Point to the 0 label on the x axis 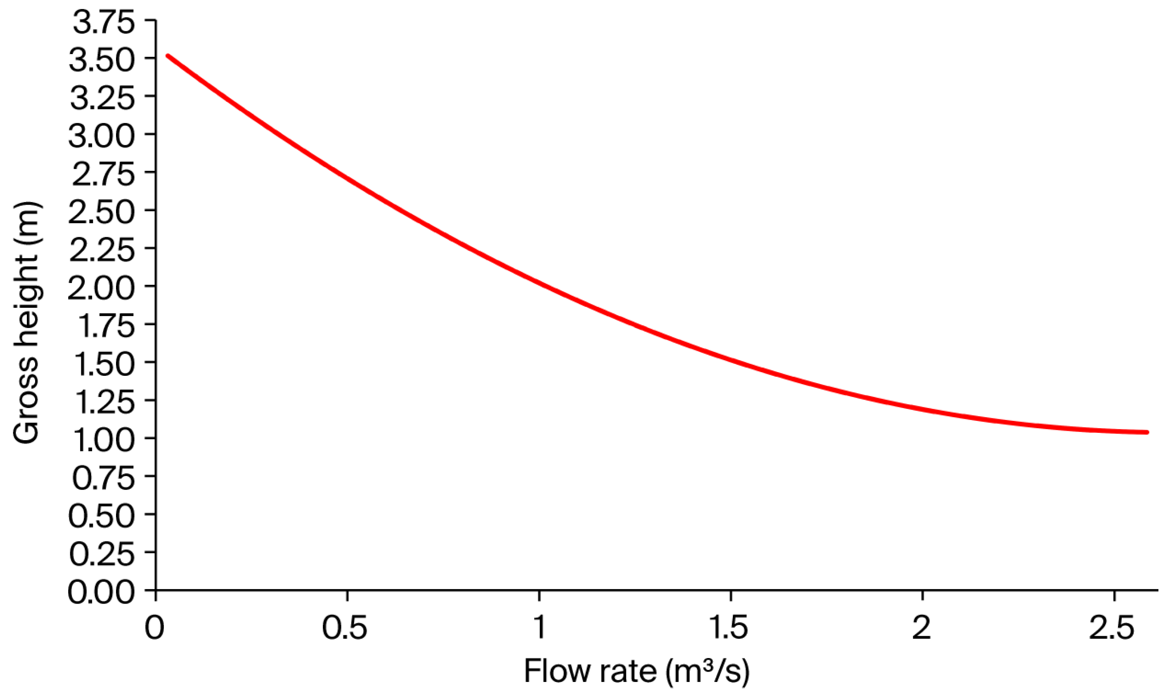pos(154,628)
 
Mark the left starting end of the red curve pos(168,56)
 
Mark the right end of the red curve pos(1147,432)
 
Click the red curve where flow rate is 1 pos(539,283)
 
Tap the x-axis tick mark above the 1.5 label pos(731,595)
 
